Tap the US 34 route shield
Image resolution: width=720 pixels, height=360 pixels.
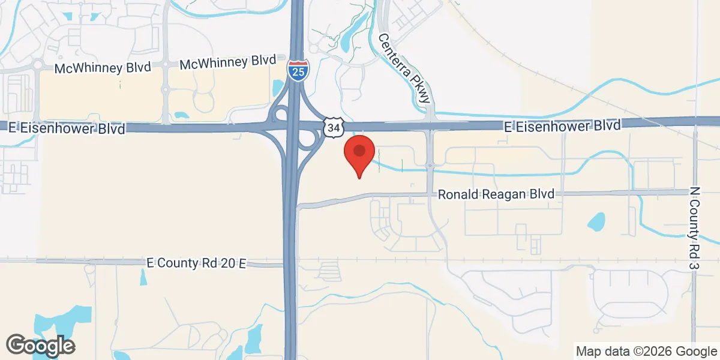[332, 127]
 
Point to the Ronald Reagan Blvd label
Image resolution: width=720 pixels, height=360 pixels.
[496, 194]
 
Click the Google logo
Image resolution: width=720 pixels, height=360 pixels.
[40, 345]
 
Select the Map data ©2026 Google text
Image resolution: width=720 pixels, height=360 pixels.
[646, 350]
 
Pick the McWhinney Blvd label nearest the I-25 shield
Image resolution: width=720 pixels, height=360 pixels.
[227, 61]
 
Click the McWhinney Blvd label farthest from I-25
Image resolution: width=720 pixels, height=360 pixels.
[101, 68]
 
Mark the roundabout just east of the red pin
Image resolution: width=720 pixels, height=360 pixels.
[430, 164]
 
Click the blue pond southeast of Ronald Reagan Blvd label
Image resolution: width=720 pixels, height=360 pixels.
[596, 222]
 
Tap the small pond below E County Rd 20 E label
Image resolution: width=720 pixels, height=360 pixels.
[143, 277]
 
